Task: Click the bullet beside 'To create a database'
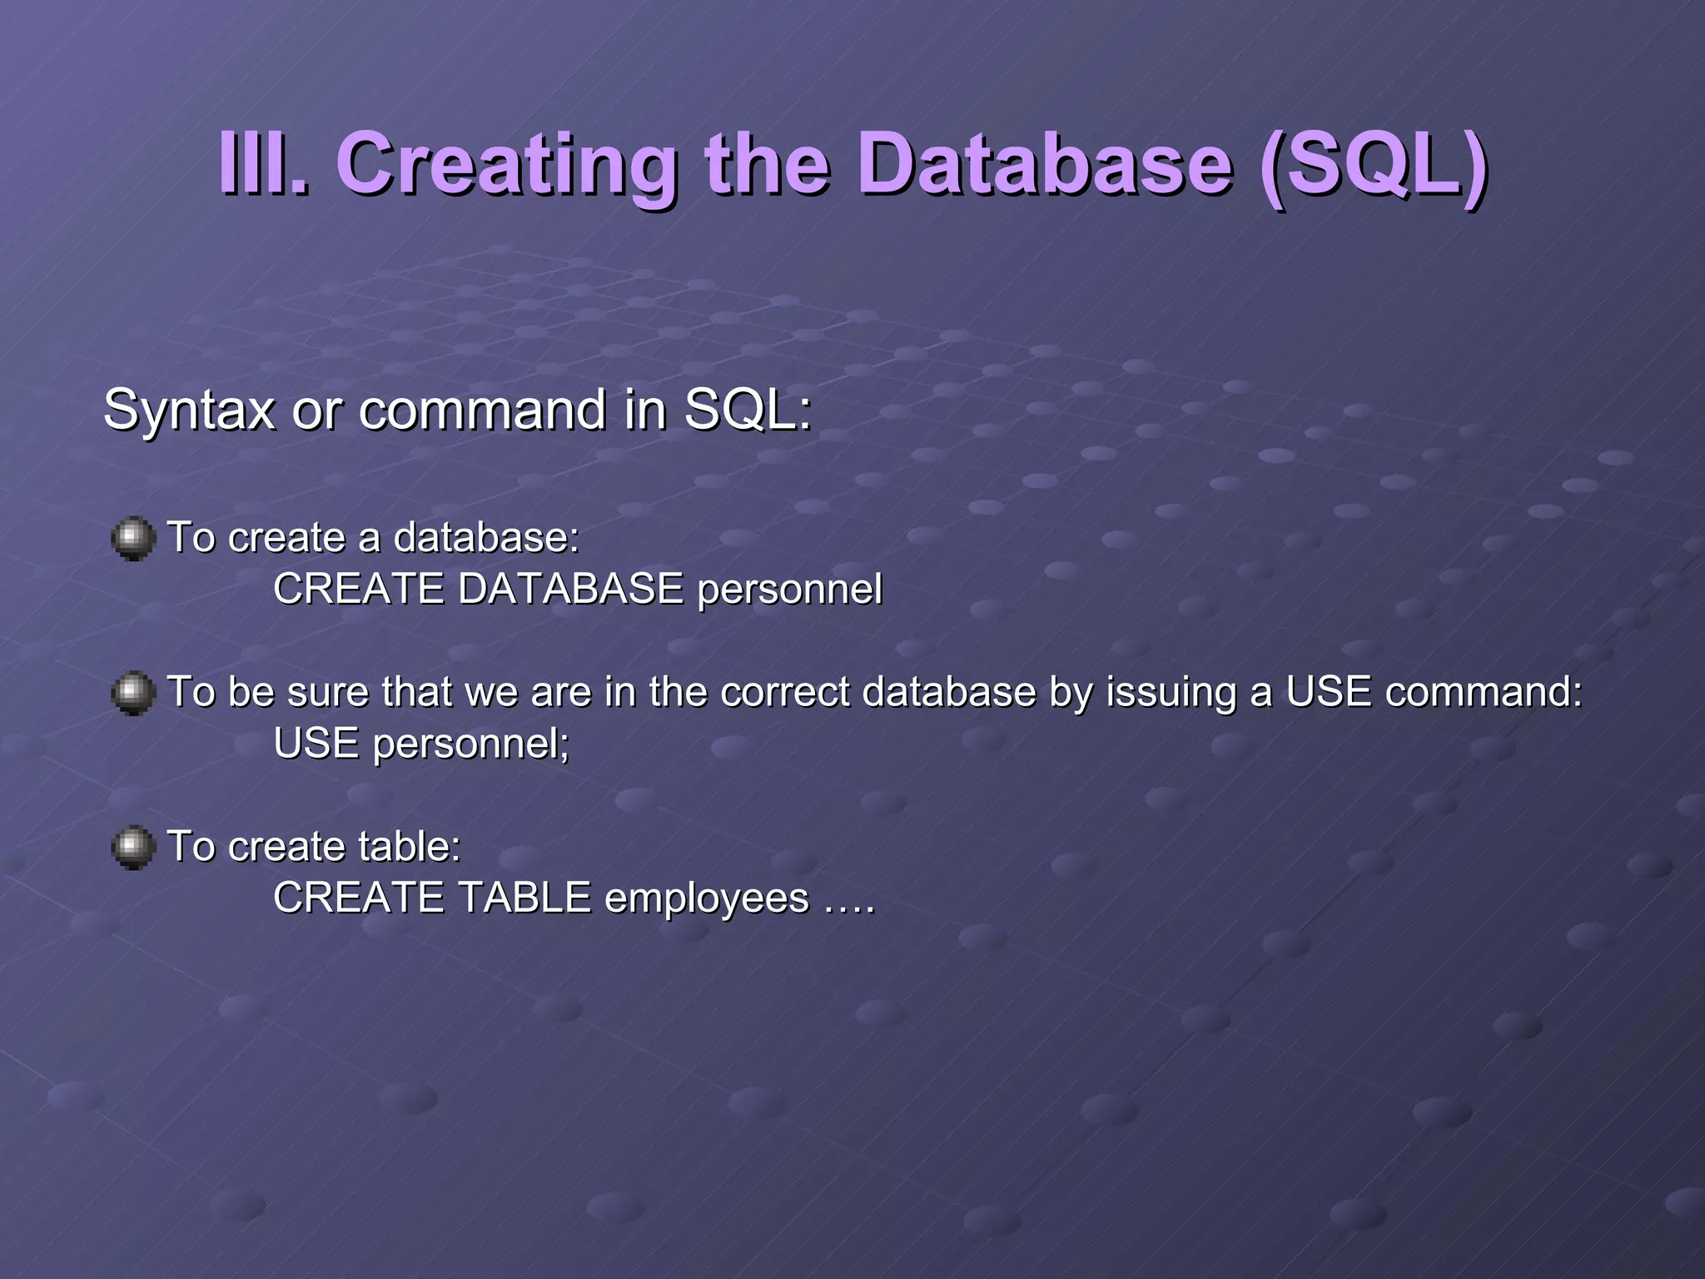click(133, 539)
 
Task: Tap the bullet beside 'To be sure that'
click(133, 693)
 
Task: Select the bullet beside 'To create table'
click(133, 848)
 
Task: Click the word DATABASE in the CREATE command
click(570, 589)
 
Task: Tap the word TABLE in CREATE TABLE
click(524, 898)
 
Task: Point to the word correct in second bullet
click(785, 692)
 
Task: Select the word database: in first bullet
click(486, 537)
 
